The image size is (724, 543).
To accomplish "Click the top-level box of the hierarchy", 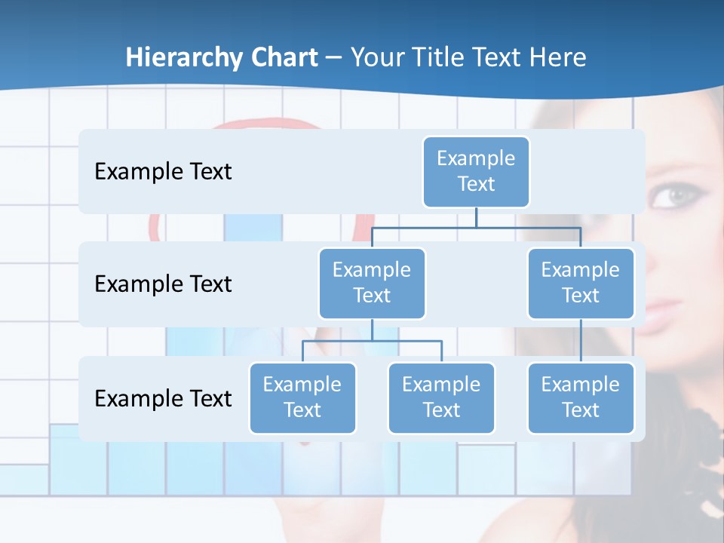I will [x=476, y=171].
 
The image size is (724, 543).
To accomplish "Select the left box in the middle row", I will [x=372, y=283].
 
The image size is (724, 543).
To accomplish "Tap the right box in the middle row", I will [x=581, y=283].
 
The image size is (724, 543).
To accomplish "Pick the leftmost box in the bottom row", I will [x=302, y=397].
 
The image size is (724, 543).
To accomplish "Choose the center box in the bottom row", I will [x=441, y=397].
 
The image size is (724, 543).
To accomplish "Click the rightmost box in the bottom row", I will [x=581, y=397].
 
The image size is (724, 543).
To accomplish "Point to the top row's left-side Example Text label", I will [x=163, y=172].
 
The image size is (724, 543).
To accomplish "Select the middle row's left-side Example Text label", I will [x=163, y=284].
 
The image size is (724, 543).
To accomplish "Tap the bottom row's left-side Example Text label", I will [x=163, y=398].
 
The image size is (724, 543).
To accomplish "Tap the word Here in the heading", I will [x=558, y=57].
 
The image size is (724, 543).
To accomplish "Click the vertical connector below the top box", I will [x=476, y=217].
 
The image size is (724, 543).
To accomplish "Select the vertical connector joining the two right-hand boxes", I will [x=581, y=341].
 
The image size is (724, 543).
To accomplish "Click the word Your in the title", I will [x=378, y=57].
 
